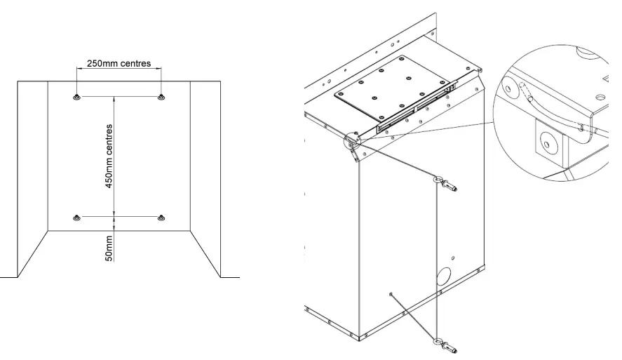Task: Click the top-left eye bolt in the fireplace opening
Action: tap(76, 96)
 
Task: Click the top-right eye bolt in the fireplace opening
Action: tap(161, 96)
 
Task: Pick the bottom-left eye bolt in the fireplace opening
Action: tap(76, 218)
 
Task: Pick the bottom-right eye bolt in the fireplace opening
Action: tap(161, 218)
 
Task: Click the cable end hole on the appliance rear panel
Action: tap(390, 295)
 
